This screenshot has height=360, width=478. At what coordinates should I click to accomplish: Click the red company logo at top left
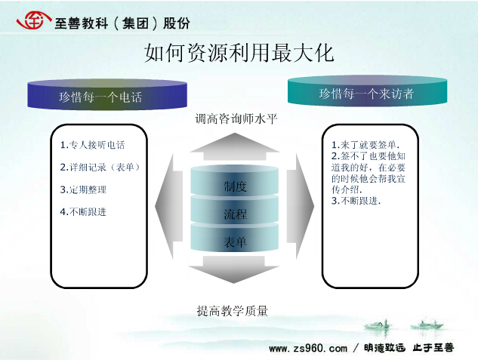(x=33, y=20)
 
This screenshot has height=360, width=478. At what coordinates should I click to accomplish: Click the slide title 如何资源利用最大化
(x=239, y=53)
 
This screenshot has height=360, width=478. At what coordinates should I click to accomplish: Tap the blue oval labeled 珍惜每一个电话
(x=107, y=94)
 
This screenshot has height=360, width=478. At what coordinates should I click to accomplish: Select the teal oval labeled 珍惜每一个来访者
(x=367, y=91)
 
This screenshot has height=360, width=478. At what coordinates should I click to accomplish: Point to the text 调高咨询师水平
(x=236, y=118)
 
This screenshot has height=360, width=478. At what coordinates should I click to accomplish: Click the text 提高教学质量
(x=233, y=311)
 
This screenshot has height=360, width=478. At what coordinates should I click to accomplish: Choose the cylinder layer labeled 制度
(x=234, y=181)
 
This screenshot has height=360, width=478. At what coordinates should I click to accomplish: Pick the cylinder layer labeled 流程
(x=234, y=210)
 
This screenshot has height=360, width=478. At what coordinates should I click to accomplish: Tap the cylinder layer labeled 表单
(x=234, y=238)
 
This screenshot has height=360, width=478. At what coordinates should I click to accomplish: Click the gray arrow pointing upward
(x=234, y=146)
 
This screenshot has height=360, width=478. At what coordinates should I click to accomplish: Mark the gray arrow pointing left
(x=168, y=207)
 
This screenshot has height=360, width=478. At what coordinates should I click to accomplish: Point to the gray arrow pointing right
(x=301, y=207)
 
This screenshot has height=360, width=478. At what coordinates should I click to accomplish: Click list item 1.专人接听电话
(x=92, y=145)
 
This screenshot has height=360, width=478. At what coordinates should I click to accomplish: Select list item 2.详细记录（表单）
(x=100, y=168)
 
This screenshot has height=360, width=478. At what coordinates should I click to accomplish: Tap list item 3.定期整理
(x=83, y=189)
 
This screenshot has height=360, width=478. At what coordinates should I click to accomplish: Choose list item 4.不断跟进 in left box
(x=83, y=211)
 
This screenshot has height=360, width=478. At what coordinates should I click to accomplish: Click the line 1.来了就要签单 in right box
(x=365, y=145)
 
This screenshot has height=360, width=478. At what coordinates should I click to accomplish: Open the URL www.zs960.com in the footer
(x=308, y=348)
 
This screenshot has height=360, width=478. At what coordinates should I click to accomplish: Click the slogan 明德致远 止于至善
(x=409, y=347)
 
